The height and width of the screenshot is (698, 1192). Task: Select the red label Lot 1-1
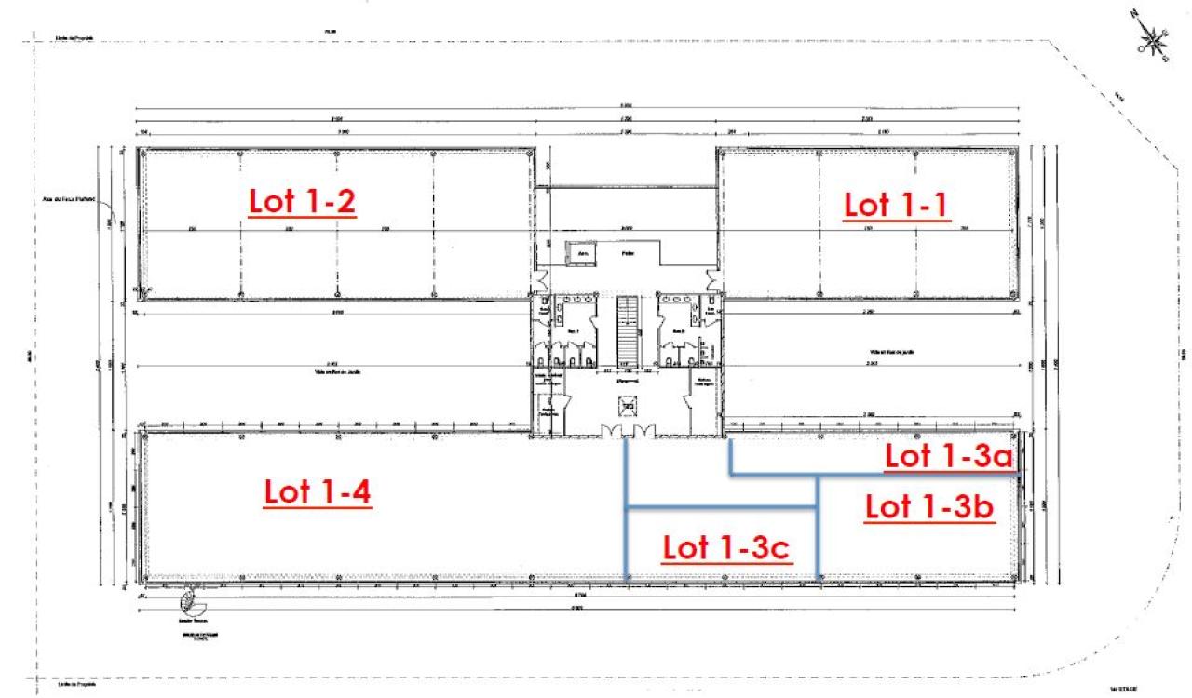click(896, 205)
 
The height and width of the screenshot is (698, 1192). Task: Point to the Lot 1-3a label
click(947, 456)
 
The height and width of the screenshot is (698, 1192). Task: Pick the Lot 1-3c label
click(726, 548)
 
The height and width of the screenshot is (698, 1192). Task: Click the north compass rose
click(1154, 38)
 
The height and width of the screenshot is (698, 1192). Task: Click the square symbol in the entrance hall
click(629, 405)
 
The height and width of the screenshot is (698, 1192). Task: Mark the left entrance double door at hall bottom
click(613, 429)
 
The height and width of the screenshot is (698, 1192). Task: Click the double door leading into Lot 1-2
click(536, 279)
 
